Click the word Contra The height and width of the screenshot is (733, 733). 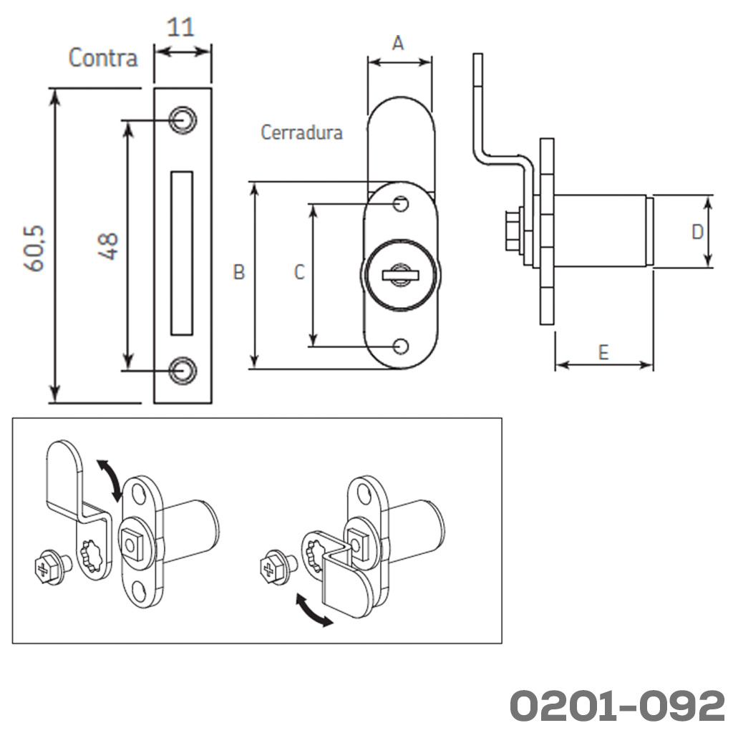103,57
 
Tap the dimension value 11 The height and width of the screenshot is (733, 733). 180,28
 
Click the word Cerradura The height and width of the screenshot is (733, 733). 301,132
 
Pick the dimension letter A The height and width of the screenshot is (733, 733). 399,43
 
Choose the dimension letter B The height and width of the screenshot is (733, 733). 239,272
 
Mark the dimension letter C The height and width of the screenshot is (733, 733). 299,272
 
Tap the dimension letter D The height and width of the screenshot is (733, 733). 697,232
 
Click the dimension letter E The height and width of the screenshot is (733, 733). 603,352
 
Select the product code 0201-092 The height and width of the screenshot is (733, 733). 616,706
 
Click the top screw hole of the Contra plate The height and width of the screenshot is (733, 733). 183,119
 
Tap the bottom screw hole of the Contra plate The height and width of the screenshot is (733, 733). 183,369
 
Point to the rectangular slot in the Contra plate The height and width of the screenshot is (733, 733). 183,253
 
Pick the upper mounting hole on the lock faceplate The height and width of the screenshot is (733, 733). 402,205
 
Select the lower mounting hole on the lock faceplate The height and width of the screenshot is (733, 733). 402,346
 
